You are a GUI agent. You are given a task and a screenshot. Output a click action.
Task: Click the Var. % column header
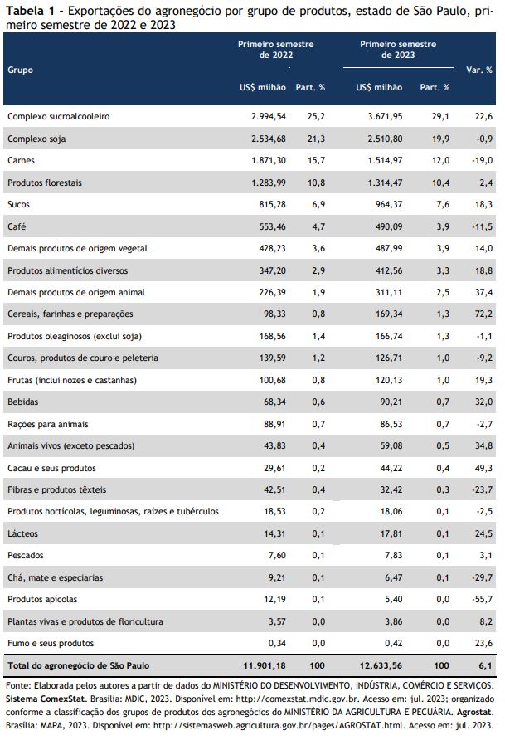point(479,70)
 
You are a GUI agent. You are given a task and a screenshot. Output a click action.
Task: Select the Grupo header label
point(20,70)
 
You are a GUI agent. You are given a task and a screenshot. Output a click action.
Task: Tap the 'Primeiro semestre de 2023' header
point(398,50)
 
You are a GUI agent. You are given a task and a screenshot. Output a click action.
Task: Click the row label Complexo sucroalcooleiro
point(59,116)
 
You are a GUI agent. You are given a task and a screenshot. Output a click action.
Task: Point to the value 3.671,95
point(386,116)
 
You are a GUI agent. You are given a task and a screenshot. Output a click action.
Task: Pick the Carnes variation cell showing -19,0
point(483,160)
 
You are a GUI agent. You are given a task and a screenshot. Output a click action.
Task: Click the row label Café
point(17,226)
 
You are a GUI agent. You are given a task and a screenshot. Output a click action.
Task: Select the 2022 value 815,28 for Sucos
point(273,204)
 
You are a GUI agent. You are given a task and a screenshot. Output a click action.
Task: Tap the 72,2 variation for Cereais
point(483,314)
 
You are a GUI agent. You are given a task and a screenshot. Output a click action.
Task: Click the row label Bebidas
point(22,402)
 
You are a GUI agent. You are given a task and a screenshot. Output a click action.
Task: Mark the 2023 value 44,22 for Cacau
point(391,468)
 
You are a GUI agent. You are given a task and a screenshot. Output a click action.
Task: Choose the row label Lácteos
point(22,533)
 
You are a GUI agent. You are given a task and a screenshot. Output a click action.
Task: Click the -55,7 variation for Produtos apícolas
point(483,599)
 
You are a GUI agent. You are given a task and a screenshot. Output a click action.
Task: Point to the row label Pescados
point(26,556)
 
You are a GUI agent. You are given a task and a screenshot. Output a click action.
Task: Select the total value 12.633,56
point(381,665)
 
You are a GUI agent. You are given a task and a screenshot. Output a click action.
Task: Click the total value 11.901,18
point(265,665)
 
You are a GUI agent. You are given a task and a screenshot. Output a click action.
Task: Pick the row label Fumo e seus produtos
point(51,643)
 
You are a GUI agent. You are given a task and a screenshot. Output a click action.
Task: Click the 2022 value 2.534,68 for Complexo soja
point(269,139)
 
